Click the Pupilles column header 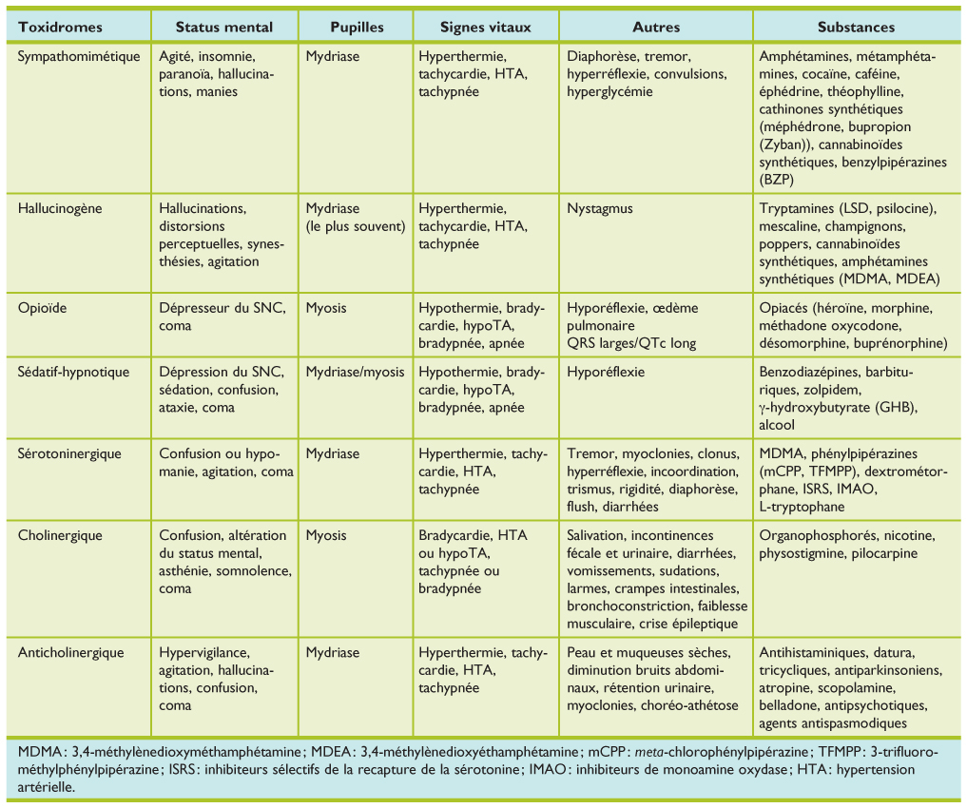click(357, 27)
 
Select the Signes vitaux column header click(485, 27)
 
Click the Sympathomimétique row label click(79, 57)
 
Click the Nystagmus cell click(599, 209)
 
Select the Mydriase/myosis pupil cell click(355, 373)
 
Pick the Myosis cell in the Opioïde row click(325, 309)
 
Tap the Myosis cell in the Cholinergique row click(325, 536)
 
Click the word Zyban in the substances click(782, 144)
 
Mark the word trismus click(590, 490)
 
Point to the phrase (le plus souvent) click(355, 227)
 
